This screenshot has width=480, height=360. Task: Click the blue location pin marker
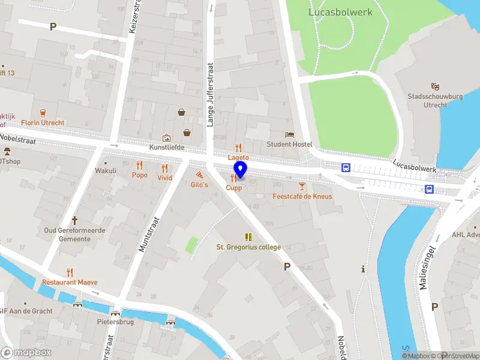pyautogui.click(x=241, y=170)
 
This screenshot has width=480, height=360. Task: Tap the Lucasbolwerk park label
pyautogui.click(x=340, y=12)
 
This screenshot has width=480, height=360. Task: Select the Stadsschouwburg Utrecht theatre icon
pyautogui.click(x=435, y=87)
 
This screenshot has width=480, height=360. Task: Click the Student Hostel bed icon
pyautogui.click(x=290, y=135)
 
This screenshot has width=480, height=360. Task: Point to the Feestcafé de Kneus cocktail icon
pyautogui.click(x=302, y=187)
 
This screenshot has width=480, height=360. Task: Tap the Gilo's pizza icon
pyautogui.click(x=199, y=175)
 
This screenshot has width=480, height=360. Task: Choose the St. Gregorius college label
pyautogui.click(x=248, y=247)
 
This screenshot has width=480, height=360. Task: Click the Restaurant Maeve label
pyautogui.click(x=70, y=282)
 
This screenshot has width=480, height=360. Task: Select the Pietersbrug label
pyautogui.click(x=115, y=322)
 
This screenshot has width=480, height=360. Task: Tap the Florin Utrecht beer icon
pyautogui.click(x=43, y=112)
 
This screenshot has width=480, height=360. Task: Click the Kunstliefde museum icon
pyautogui.click(x=167, y=138)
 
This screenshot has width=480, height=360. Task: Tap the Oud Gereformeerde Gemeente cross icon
pyautogui.click(x=76, y=220)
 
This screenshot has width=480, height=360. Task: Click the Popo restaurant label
pyautogui.click(x=140, y=175)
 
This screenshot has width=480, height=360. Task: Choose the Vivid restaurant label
pyautogui.click(x=164, y=178)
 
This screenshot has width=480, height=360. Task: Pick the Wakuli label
pyautogui.click(x=106, y=171)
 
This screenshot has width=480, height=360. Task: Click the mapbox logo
pyautogui.click(x=26, y=353)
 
